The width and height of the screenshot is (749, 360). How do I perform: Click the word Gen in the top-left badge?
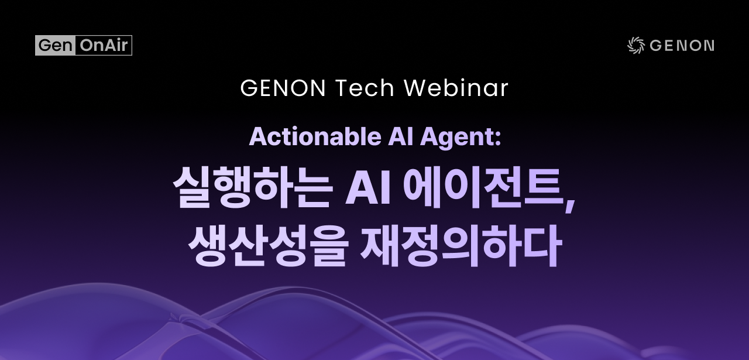pyautogui.click(x=55, y=45)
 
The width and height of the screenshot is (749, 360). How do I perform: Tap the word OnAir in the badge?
pyautogui.click(x=104, y=45)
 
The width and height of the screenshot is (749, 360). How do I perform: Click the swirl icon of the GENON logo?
pyautogui.click(x=635, y=46)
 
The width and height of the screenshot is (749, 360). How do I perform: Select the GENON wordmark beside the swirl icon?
pyautogui.click(x=682, y=46)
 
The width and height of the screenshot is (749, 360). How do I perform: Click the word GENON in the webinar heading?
pyautogui.click(x=283, y=88)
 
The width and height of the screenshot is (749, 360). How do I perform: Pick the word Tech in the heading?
pyautogui.click(x=365, y=88)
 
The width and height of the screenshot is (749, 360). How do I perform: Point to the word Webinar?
pyautogui.click(x=456, y=88)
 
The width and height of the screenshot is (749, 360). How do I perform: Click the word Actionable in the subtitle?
pyautogui.click(x=315, y=137)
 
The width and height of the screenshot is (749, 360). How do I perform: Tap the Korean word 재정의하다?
pyautogui.click(x=461, y=246)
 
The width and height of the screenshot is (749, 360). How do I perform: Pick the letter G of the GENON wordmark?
pyautogui.click(x=656, y=46)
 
